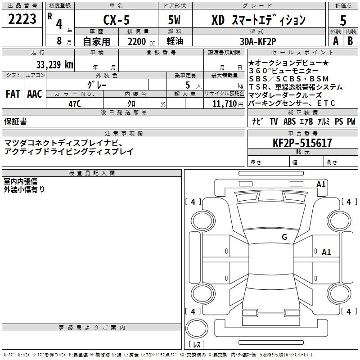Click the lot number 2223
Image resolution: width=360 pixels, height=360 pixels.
point(22,19)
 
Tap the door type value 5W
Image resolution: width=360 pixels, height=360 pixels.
point(175,20)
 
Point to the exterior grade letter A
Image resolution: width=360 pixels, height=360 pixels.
point(335,40)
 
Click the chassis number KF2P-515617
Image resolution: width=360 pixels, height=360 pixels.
point(302,143)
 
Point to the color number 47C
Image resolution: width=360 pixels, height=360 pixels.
point(74,103)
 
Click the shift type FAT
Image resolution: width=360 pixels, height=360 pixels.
point(13,94)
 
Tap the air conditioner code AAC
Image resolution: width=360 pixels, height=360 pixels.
point(34,94)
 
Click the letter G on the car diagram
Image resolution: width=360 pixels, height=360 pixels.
point(284,237)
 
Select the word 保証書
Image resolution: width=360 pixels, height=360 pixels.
point(15,121)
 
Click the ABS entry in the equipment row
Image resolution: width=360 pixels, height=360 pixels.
point(290,121)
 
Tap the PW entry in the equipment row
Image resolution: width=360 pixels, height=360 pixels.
point(351,121)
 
